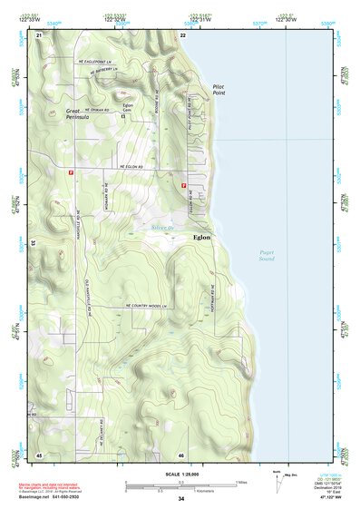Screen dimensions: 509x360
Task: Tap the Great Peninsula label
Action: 79,114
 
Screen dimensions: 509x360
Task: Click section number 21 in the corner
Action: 38,34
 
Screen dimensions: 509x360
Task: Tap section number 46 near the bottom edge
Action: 181,455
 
